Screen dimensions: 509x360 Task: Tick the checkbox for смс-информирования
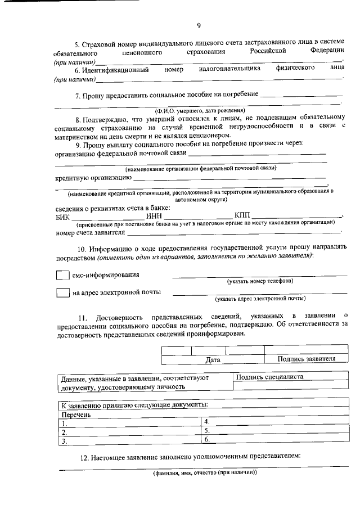(62, 276)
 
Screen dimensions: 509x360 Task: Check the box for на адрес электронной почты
(62, 292)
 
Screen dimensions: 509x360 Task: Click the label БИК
(62, 217)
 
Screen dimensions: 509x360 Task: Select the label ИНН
(154, 217)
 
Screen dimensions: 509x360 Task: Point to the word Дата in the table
(213, 359)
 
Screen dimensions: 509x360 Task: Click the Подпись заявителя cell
(306, 359)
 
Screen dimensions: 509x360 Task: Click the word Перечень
(76, 415)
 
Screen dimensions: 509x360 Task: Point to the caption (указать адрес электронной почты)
(260, 299)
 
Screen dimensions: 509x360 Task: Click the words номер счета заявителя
(90, 232)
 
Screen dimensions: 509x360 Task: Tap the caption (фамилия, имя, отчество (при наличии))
(205, 472)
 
